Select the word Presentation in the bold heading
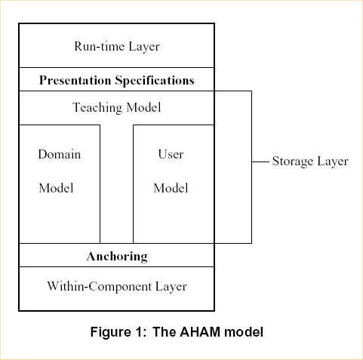[75, 80]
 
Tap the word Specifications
[155, 80]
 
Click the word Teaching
[97, 108]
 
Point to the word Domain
[60, 154]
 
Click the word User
[171, 154]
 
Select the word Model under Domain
[56, 188]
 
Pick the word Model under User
[171, 188]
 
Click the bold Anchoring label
[117, 257]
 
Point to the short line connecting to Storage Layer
[260, 162]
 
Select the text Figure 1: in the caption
[118, 332]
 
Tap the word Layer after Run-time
[144, 47]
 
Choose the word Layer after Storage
[333, 162]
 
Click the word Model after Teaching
[143, 107]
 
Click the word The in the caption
[165, 332]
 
